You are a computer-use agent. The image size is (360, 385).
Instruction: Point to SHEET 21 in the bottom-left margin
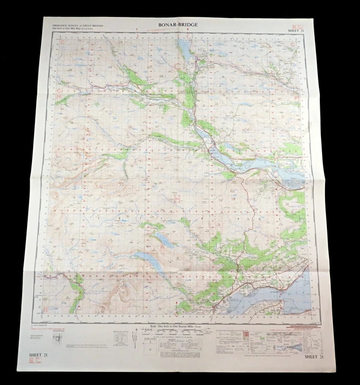point(40,356)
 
